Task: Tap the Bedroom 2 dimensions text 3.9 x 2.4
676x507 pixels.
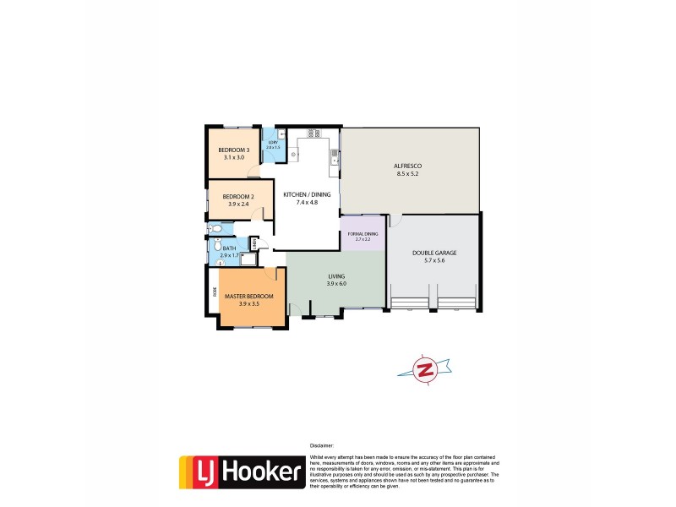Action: [x=238, y=204]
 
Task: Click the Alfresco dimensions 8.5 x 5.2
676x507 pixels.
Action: [x=408, y=174]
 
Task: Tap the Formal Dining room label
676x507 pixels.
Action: [x=362, y=234]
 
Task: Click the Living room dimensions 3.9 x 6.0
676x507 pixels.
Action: [x=337, y=284]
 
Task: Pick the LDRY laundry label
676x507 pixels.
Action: [x=272, y=142]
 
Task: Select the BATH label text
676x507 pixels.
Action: [x=229, y=248]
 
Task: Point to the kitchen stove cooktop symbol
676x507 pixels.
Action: [x=313, y=133]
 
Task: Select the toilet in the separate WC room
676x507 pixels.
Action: [x=217, y=228]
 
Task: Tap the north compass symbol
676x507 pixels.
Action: [x=424, y=369]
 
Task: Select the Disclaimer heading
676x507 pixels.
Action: [x=322, y=445]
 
